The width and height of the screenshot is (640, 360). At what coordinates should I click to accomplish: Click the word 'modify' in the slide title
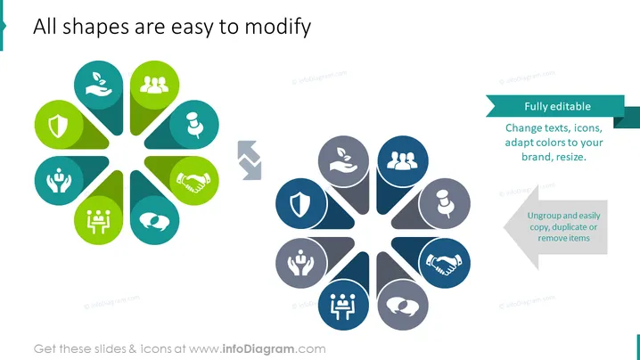277,28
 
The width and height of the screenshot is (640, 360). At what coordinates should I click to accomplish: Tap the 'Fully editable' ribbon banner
558,107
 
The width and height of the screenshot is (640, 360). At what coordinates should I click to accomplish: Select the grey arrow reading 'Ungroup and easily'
555,227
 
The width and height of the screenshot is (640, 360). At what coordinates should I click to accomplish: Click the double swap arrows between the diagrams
249,160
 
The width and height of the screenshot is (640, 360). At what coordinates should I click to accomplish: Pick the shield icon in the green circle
58,126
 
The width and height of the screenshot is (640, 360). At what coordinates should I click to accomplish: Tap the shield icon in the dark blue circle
300,204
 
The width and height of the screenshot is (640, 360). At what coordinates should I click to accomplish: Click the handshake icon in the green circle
193,182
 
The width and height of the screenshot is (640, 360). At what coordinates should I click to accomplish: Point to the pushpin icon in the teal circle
194,125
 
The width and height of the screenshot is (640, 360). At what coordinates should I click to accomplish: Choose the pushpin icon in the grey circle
446,204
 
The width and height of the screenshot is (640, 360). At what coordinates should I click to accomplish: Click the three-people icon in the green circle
154,85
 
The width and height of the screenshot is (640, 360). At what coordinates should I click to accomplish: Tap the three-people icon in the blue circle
402,160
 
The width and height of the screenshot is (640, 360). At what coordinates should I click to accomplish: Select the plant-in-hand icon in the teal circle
98,85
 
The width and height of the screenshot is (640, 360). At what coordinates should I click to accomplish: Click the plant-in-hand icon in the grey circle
344,160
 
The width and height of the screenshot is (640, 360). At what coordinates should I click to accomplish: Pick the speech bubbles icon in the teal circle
154,222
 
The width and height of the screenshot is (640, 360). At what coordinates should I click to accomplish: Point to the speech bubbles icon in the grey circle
402,307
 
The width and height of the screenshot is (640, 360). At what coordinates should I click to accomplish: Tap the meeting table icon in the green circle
98,222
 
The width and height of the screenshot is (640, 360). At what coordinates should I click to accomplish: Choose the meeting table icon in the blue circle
343,307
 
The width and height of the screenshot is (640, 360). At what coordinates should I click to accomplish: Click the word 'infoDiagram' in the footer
258,349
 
